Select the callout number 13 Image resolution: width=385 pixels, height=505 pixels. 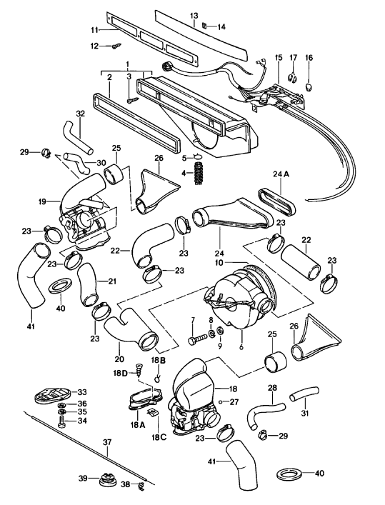pos(194,16)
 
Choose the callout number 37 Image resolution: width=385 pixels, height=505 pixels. pos(107,441)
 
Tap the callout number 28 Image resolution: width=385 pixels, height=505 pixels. pos(272,388)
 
